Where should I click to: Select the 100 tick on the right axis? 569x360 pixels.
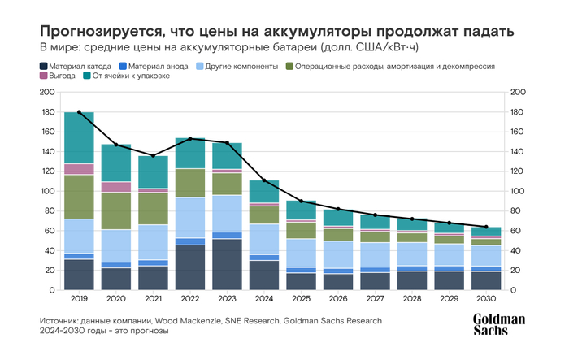[515, 191]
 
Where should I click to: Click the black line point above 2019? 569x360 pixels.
[79, 111]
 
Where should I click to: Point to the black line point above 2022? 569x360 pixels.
[189, 139]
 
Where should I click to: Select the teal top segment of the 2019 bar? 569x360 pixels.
[79, 138]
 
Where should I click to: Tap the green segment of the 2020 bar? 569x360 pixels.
[115, 211]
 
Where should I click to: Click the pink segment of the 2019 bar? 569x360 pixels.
[79, 169]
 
